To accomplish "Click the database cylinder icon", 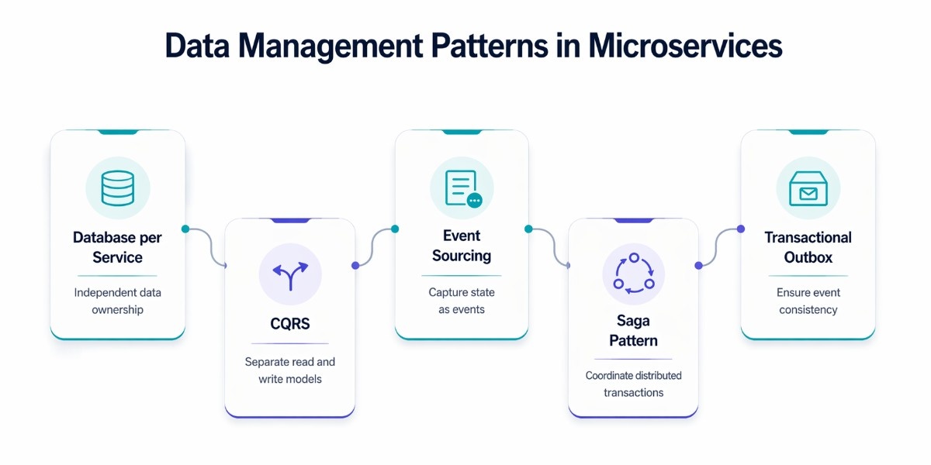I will click(x=118, y=188).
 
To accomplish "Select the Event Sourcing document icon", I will click(x=462, y=188).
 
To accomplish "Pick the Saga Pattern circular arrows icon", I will click(x=634, y=274).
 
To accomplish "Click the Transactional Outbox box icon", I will click(x=808, y=188).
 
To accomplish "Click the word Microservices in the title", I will click(x=685, y=46).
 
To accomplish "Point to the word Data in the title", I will click(x=198, y=46).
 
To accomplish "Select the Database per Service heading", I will click(x=118, y=247).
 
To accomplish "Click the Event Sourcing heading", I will click(x=462, y=246).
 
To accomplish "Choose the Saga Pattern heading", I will click(x=634, y=331).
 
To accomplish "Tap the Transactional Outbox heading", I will click(x=808, y=247).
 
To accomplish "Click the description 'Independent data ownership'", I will click(x=118, y=301).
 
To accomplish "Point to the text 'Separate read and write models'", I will click(x=290, y=370).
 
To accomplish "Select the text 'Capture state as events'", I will click(x=462, y=301).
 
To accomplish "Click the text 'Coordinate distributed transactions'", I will click(x=634, y=384).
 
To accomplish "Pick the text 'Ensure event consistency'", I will click(x=808, y=301).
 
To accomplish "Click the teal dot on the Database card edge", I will click(x=185, y=229).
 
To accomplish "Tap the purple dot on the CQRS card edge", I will click(x=355, y=265).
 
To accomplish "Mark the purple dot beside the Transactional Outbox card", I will click(x=741, y=229).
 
